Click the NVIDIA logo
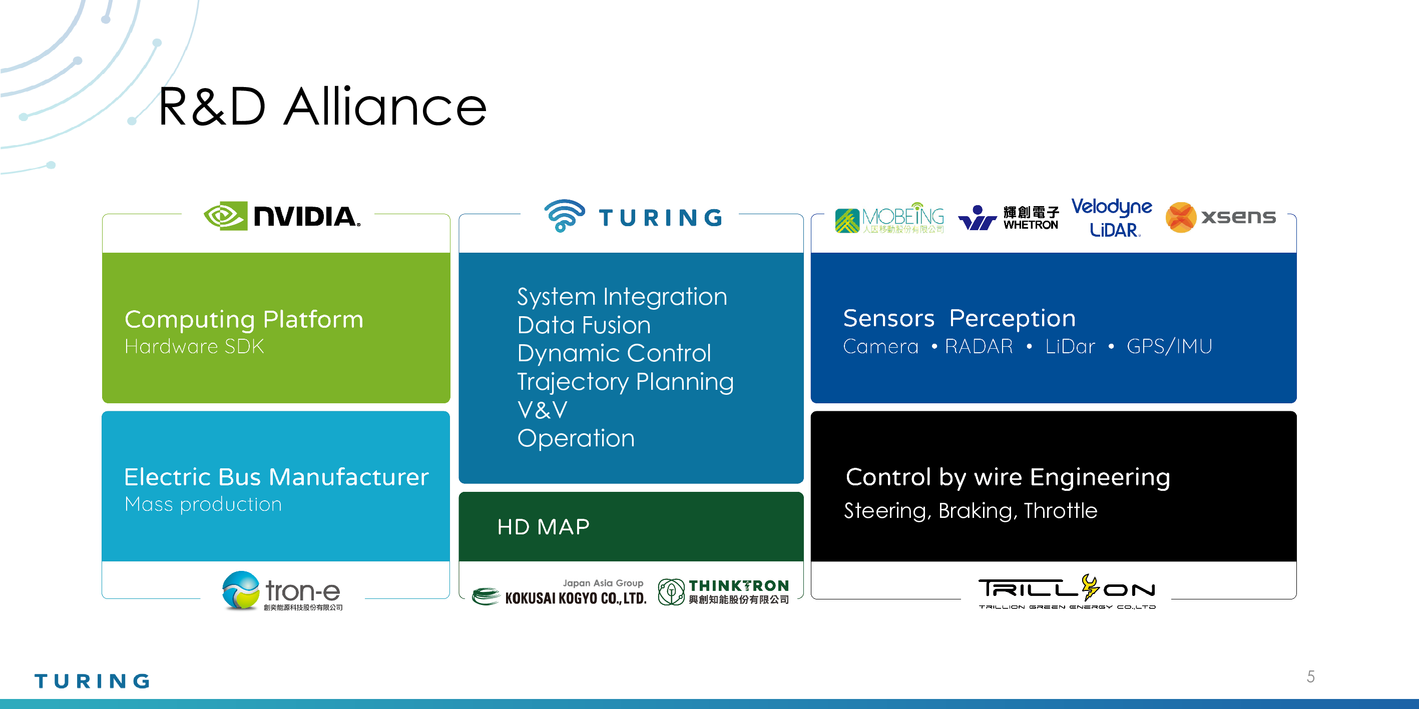pos(282,216)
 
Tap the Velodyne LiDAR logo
pos(1112,218)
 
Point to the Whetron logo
pos(1009,218)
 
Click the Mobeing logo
pos(889,218)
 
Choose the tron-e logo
pos(282,590)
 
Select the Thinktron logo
pos(724,592)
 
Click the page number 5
pos(1310,676)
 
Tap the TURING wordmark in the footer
pos(92,681)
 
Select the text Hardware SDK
pos(194,346)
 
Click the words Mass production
pos(203,504)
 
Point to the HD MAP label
pos(543,527)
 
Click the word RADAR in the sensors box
pos(979,346)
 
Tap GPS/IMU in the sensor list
pos(1169,346)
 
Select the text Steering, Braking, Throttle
pos(971,511)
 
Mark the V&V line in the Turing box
pos(542,410)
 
